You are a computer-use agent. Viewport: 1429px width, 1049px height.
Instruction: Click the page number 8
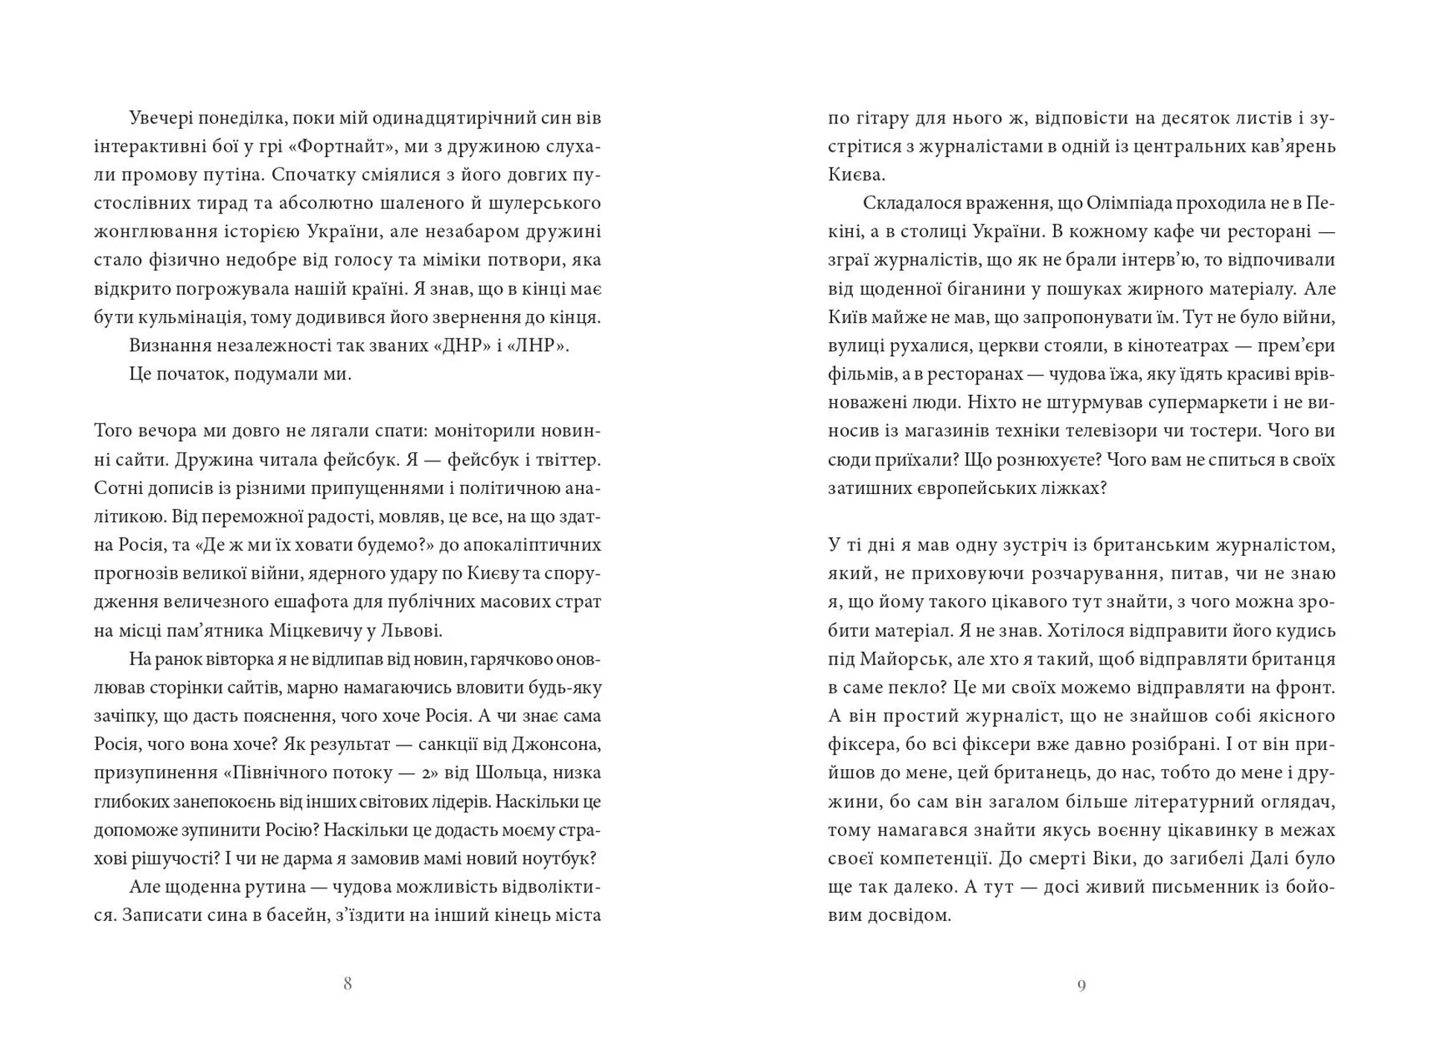347,984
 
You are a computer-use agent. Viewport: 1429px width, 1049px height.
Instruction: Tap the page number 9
1081,986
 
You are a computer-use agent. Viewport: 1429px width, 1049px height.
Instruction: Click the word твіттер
565,459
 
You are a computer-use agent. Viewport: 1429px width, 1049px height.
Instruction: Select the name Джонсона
558,744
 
